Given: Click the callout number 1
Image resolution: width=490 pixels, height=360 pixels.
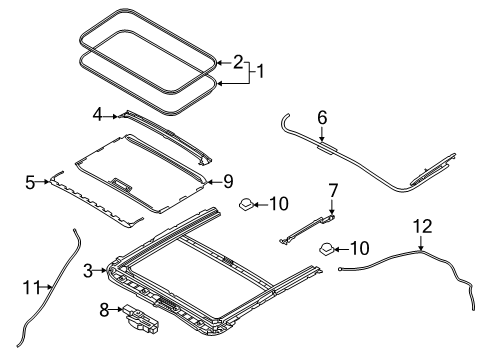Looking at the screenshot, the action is (x=261, y=72).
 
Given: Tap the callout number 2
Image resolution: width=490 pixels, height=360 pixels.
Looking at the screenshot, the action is (x=238, y=62).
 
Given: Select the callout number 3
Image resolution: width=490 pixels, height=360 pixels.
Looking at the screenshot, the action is (x=88, y=271).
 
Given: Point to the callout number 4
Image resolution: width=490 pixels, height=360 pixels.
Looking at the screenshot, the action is (x=97, y=116).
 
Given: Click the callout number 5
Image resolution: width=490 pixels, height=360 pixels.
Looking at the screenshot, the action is (x=30, y=182).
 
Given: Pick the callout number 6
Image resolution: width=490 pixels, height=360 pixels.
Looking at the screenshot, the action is (x=322, y=118).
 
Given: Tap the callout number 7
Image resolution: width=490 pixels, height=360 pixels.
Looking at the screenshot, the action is (x=333, y=191).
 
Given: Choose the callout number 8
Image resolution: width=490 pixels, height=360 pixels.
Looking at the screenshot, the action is (x=104, y=310).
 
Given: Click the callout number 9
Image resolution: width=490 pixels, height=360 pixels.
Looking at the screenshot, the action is (x=228, y=182).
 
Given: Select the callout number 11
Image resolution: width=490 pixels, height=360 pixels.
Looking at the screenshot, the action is (x=32, y=287).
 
